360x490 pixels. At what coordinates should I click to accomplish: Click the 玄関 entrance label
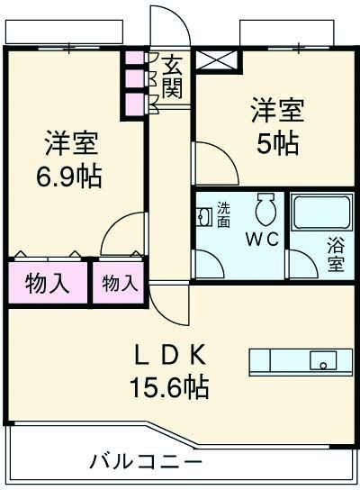click(172, 77)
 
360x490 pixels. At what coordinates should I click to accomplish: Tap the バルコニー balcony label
click(145, 463)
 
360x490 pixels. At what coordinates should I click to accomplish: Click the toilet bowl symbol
click(265, 212)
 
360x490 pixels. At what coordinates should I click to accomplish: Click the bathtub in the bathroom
click(321, 213)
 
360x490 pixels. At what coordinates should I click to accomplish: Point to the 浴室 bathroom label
click(335, 253)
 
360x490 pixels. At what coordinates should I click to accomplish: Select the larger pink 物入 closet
click(48, 283)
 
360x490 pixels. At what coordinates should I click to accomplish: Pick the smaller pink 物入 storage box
click(119, 283)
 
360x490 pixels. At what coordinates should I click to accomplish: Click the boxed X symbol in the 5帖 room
click(219, 60)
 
